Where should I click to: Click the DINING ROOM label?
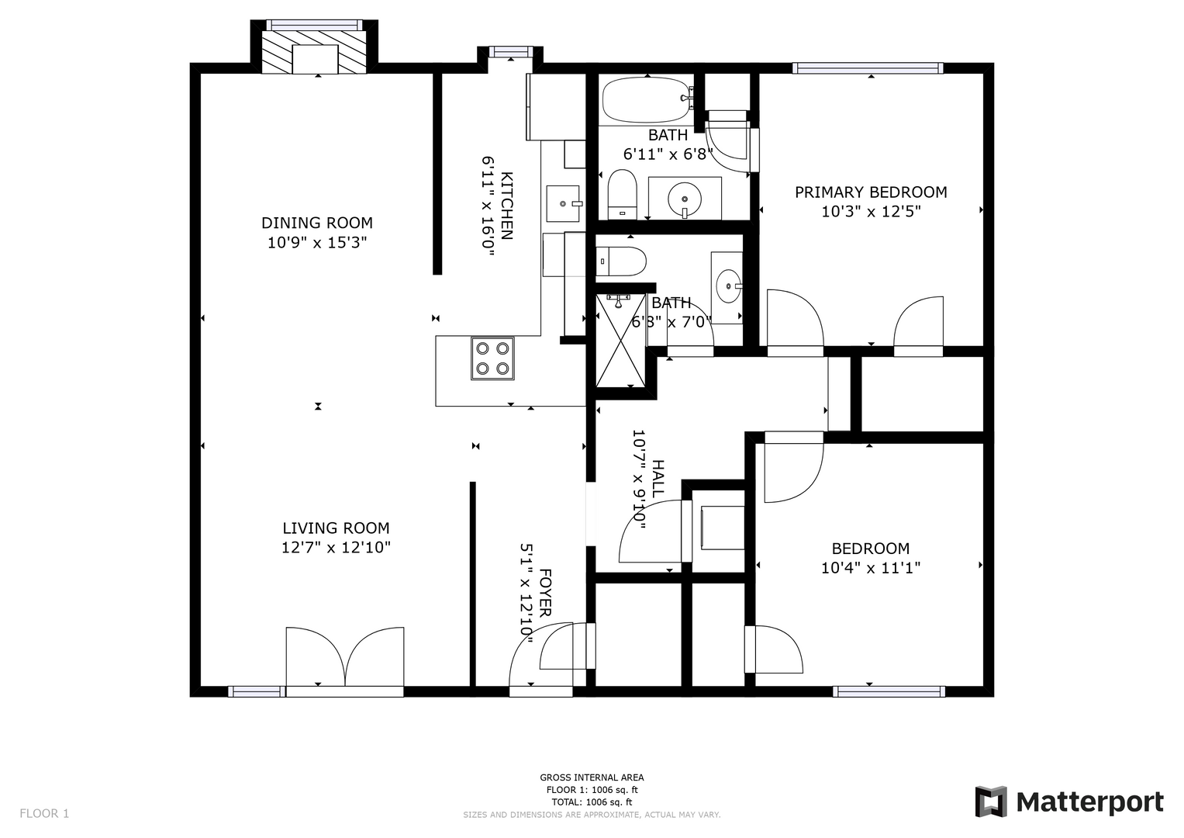pyautogui.click(x=317, y=223)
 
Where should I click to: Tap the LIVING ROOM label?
pyautogui.click(x=337, y=528)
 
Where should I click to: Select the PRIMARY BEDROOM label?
pyautogui.click(x=871, y=192)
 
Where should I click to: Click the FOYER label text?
pyautogui.click(x=545, y=593)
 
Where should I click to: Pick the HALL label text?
pyautogui.click(x=658, y=479)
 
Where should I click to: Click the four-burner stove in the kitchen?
pyautogui.click(x=492, y=358)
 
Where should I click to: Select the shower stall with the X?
pyautogui.click(x=621, y=341)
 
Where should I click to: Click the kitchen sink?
pyautogui.click(x=564, y=203)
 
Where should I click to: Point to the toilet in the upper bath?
pyautogui.click(x=622, y=194)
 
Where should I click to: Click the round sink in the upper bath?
pyautogui.click(x=685, y=200)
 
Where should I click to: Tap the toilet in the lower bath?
pyautogui.click(x=622, y=261)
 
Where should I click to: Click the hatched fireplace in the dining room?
pyautogui.click(x=315, y=52)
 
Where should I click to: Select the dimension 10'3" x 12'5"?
pyautogui.click(x=871, y=212)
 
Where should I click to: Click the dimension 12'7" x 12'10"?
pyautogui.click(x=337, y=548)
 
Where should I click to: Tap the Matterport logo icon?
pyautogui.click(x=991, y=802)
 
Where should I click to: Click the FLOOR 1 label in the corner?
pyautogui.click(x=44, y=814)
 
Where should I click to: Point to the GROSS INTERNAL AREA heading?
pyautogui.click(x=592, y=777)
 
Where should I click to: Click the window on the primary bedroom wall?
pyautogui.click(x=868, y=68)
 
